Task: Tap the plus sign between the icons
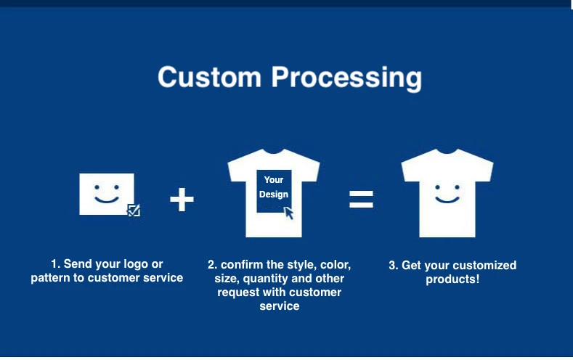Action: click(x=182, y=199)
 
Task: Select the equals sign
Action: click(x=361, y=199)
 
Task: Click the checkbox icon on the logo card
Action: click(x=134, y=210)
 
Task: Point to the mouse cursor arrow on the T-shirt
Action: click(x=289, y=212)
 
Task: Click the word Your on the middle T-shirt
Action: click(x=274, y=180)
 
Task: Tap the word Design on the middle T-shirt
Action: click(x=274, y=195)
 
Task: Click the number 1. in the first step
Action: click(x=55, y=264)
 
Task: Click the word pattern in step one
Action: click(x=50, y=278)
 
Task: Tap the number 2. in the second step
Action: click(x=213, y=264)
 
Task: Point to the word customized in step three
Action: click(x=483, y=266)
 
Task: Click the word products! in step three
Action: click(x=452, y=279)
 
